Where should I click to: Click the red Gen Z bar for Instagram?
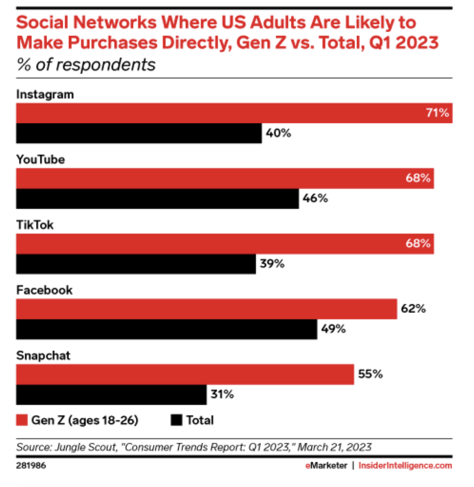[x=233, y=113]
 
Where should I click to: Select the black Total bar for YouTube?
[x=157, y=198]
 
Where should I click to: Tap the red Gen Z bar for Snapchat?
[x=185, y=374]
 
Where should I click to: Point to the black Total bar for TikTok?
[x=136, y=264]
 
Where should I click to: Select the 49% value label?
[x=333, y=329]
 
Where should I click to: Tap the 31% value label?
[x=222, y=394]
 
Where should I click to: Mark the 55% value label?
[x=371, y=374]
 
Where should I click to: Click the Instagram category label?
[x=45, y=94]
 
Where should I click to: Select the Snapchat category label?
[x=43, y=355]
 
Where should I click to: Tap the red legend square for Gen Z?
[x=21, y=420]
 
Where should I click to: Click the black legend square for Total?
[x=176, y=420]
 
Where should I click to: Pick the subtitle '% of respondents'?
[x=86, y=65]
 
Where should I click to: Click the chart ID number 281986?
[x=33, y=466]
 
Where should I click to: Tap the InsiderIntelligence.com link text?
[x=405, y=466]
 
